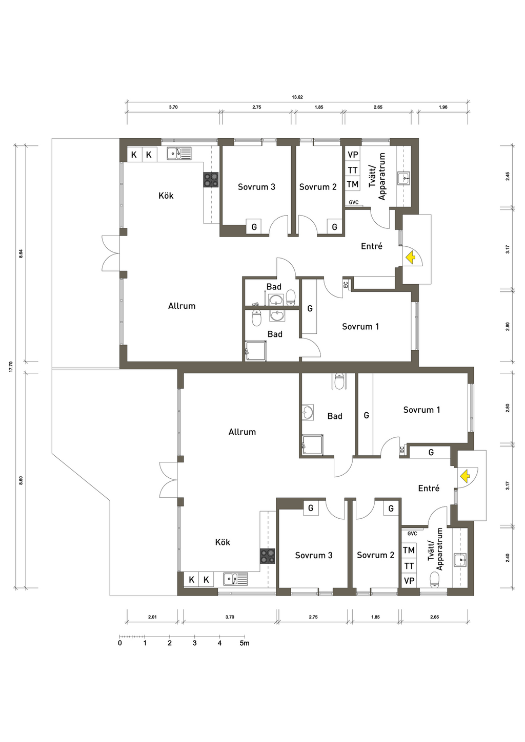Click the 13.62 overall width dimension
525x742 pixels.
click(297, 97)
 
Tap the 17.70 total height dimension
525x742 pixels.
click(11, 367)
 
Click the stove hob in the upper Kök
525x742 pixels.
click(211, 180)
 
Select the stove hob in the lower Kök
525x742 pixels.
click(267, 556)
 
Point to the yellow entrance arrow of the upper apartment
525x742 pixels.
click(410, 257)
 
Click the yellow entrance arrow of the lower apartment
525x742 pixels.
click(466, 476)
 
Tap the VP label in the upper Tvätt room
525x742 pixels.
click(353, 155)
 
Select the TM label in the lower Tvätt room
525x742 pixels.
click(409, 550)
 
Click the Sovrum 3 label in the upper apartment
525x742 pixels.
click(256, 187)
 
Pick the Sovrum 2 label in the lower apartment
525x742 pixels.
click(375, 555)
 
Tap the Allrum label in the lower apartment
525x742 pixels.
click(242, 432)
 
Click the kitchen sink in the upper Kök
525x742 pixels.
click(179, 153)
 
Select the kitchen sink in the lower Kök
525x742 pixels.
click(235, 579)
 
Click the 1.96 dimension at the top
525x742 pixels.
click(443, 107)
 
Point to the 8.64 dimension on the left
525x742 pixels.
click(21, 253)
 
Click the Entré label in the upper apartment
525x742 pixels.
click(371, 246)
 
